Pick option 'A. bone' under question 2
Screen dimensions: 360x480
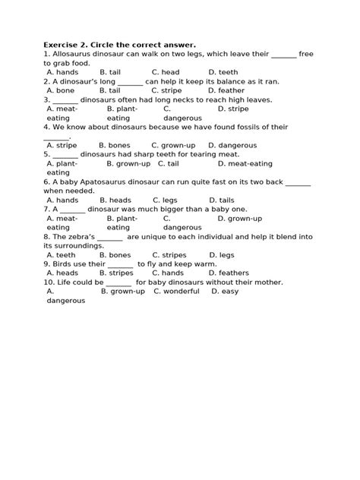pyautogui.click(x=61, y=90)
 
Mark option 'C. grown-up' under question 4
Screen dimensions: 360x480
pyautogui.click(x=174, y=145)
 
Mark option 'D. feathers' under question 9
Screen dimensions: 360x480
pyautogui.click(x=229, y=273)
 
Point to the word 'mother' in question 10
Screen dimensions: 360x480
pyautogui.click(x=267, y=283)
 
